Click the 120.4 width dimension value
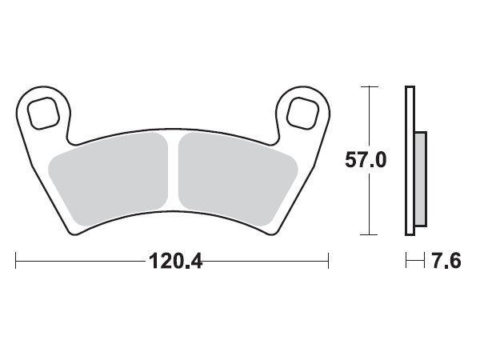coord(172,262)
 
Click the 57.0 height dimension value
coord(366,160)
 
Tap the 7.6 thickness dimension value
coord(445,262)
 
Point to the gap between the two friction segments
coord(173,172)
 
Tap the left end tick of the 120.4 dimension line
coord(16,261)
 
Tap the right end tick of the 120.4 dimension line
coord(328,261)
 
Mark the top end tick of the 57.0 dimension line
coord(368,85)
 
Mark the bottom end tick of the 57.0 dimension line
coord(368,234)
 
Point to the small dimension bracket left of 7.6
coord(414,261)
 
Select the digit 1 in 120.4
coord(152,262)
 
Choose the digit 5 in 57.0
coord(350,160)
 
